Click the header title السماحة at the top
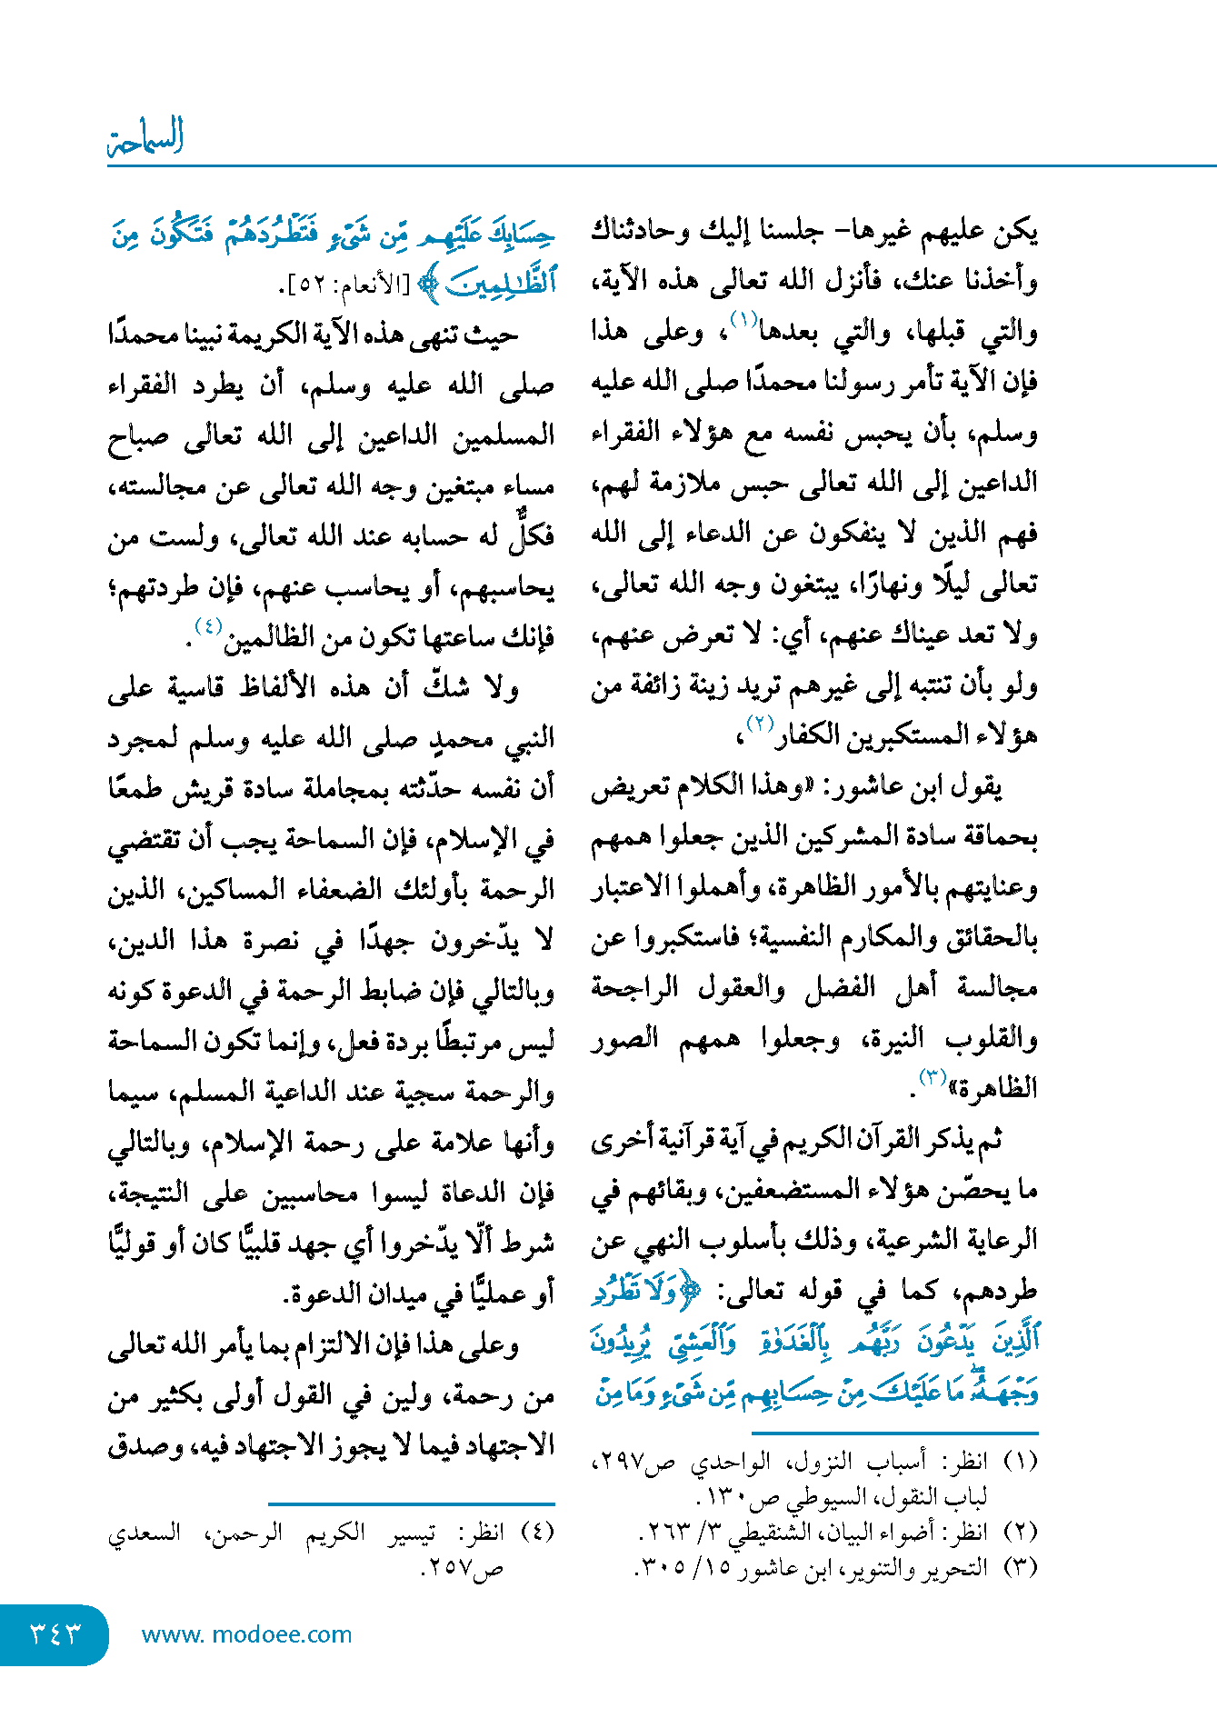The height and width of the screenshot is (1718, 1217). [x=145, y=136]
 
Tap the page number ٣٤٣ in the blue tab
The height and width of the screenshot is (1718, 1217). [x=55, y=1633]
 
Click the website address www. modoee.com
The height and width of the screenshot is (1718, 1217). [x=246, y=1634]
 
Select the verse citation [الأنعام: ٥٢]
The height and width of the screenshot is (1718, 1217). [x=336, y=285]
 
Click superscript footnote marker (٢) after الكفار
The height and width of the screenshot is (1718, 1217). [x=759, y=724]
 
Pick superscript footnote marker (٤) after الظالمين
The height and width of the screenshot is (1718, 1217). [x=208, y=625]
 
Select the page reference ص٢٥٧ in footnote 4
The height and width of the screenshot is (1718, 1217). [x=464, y=1568]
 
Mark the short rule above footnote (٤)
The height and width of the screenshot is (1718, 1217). [x=412, y=1504]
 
